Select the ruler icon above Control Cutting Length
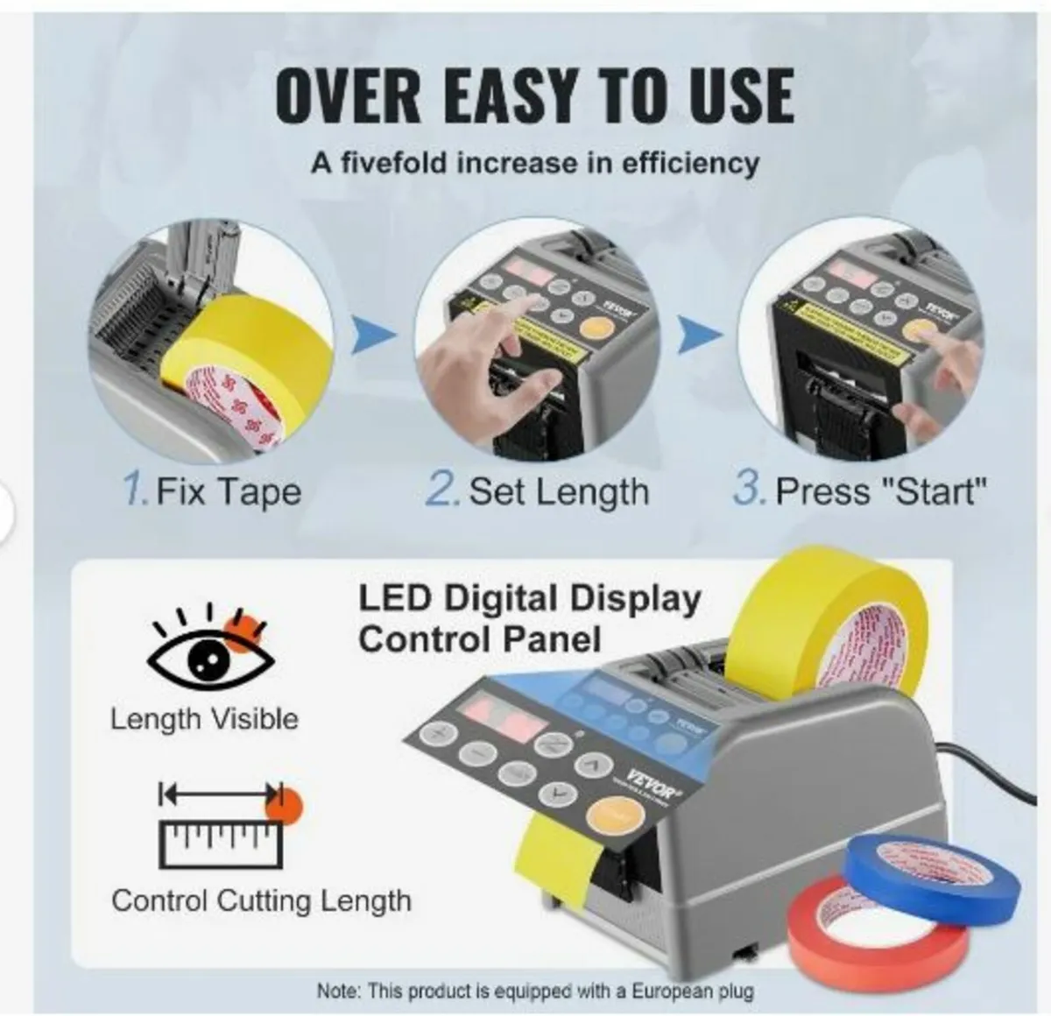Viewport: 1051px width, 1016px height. pyautogui.click(x=219, y=828)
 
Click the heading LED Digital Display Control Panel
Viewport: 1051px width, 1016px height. pyautogui.click(x=529, y=618)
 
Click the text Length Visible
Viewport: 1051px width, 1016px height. pyautogui.click(x=204, y=719)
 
